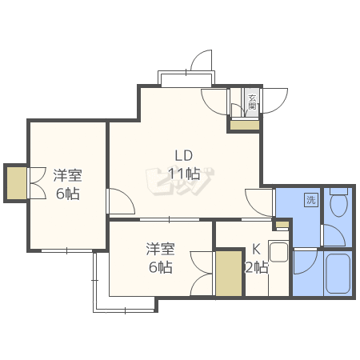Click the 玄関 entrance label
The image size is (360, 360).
pyautogui.click(x=252, y=102)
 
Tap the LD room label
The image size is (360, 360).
pyautogui.click(x=184, y=156)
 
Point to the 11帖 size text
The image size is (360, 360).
pyautogui.click(x=184, y=174)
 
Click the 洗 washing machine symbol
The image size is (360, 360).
pyautogui.click(x=311, y=200)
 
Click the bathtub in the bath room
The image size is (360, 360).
pyautogui.click(x=338, y=274)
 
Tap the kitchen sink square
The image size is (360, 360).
pyautogui.click(x=278, y=252)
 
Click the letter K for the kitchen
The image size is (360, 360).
pyautogui.click(x=256, y=249)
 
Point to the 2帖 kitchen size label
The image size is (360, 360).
pyautogui.click(x=257, y=267)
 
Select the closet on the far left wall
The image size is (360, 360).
pyautogui.click(x=17, y=183)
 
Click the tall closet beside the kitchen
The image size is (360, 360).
pyautogui.click(x=229, y=274)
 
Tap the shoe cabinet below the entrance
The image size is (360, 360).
pyautogui.click(x=245, y=126)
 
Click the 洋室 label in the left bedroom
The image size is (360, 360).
pyautogui.click(x=67, y=175)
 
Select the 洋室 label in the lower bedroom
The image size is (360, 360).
pyautogui.click(x=160, y=249)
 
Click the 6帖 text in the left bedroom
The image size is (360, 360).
pyautogui.click(x=68, y=194)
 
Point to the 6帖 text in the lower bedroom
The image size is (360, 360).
pyautogui.click(x=160, y=267)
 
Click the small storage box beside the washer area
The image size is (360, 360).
pyautogui.click(x=282, y=225)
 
